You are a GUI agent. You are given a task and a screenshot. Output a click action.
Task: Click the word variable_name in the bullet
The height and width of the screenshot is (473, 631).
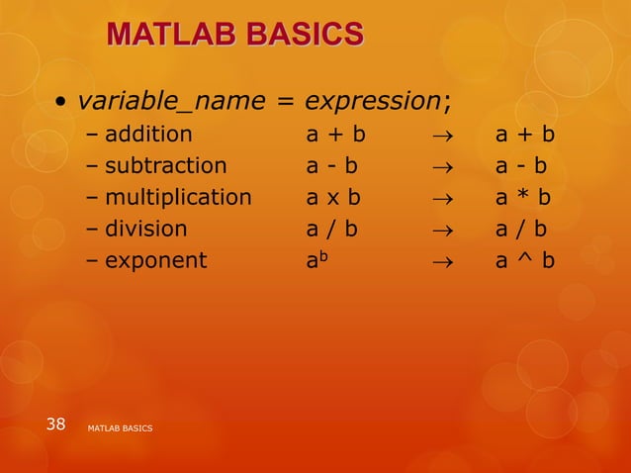pyautogui.click(x=171, y=101)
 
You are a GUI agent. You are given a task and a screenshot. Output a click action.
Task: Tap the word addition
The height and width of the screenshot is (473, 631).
pyautogui.click(x=148, y=134)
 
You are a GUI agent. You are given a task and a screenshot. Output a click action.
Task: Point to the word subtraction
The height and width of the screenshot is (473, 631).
pyautogui.click(x=165, y=165)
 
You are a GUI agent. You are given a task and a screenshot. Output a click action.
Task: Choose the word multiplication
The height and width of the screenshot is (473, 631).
pyautogui.click(x=178, y=197)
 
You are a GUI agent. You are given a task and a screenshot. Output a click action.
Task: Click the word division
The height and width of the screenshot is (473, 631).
pyautogui.click(x=145, y=229)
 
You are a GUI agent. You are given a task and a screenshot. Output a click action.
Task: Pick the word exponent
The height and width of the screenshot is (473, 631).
pyautogui.click(x=155, y=260)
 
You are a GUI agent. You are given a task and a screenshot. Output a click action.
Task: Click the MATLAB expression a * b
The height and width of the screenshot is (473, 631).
pyautogui.click(x=523, y=197)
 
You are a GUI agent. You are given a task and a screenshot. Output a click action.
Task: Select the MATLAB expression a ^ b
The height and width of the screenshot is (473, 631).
pyautogui.click(x=524, y=260)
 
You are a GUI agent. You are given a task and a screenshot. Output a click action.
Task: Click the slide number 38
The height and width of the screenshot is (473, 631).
pyautogui.click(x=56, y=425)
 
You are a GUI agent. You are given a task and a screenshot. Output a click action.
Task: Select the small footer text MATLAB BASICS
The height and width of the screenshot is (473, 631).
pyautogui.click(x=120, y=427)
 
